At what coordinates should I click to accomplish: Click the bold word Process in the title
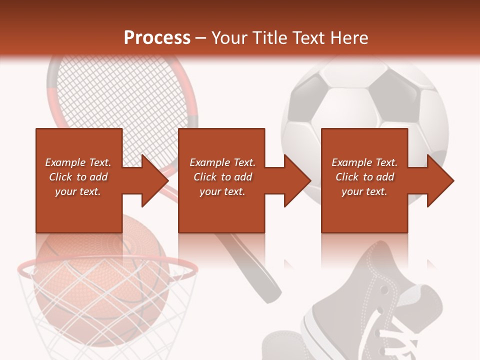coord(157,38)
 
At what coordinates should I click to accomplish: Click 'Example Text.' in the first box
coord(78,162)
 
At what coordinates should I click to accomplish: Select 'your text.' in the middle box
coord(222,191)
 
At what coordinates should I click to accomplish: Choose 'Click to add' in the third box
coord(364,177)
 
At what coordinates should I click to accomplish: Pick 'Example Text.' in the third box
coord(364,162)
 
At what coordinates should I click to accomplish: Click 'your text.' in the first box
coord(78,191)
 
